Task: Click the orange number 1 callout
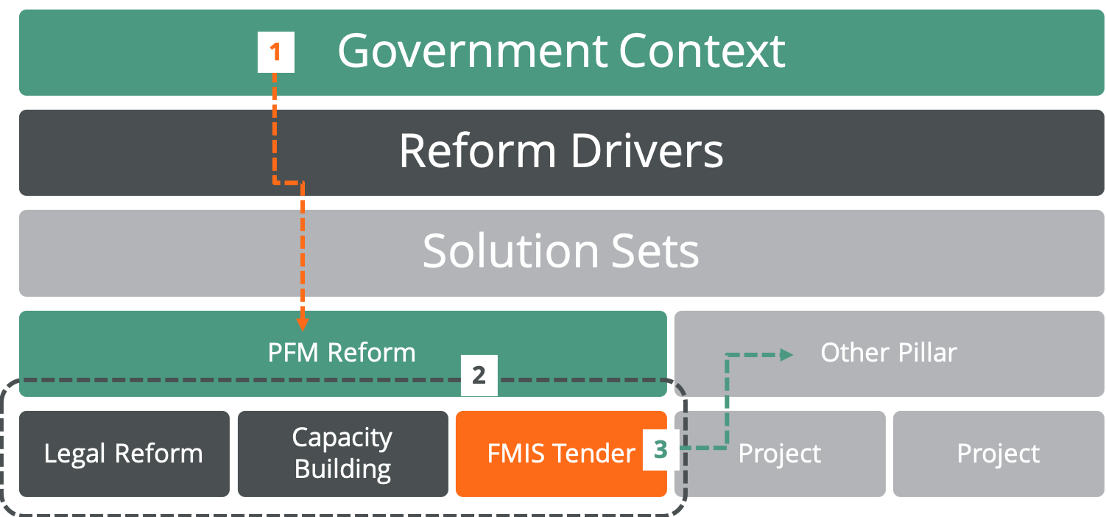(275, 53)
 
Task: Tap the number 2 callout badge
(479, 375)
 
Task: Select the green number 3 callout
(661, 450)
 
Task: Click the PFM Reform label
(342, 353)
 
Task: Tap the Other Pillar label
(889, 353)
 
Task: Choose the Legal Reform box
(124, 454)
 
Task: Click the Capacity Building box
(342, 454)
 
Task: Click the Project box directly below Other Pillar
(779, 454)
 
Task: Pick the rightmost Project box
(998, 454)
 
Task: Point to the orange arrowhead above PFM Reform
(302, 323)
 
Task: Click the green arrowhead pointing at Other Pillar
(786, 355)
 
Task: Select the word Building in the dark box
(342, 469)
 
